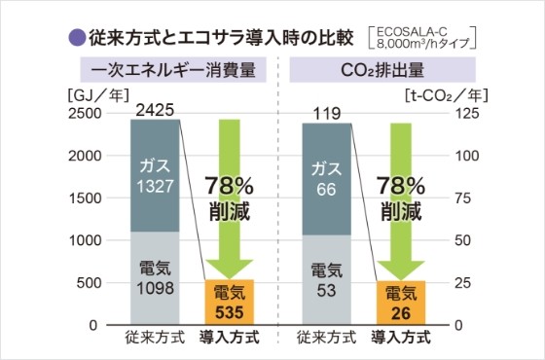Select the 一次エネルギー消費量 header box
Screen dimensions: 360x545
pyautogui.click(x=167, y=71)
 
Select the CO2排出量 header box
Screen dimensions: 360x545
pyautogui.click(x=373, y=71)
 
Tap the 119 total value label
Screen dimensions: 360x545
pyautogui.click(x=326, y=110)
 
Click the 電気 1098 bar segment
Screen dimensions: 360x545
pyautogui.click(x=156, y=278)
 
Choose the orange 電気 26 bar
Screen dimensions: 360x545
pyautogui.click(x=400, y=303)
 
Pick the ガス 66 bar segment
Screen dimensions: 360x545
pyautogui.click(x=326, y=179)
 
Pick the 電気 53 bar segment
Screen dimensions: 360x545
pyautogui.click(x=326, y=280)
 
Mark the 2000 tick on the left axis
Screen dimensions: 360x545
pyautogui.click(x=92, y=156)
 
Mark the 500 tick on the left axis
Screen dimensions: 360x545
pyautogui.click(x=97, y=283)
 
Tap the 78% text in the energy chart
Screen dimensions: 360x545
pyautogui.click(x=230, y=184)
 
